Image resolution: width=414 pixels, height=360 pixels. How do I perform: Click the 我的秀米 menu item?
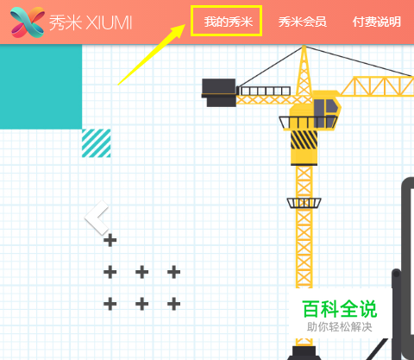[x=229, y=22]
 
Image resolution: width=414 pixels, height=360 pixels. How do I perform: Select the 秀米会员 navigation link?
[x=302, y=22]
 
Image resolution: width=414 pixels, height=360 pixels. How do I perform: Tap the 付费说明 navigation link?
[x=377, y=22]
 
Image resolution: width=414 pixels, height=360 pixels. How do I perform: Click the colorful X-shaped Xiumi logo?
[x=28, y=22]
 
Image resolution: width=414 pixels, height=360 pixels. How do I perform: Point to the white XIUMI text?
[x=110, y=22]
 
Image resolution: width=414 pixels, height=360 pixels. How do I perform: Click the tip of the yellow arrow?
[x=185, y=25]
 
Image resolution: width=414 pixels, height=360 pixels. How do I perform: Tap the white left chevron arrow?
[x=97, y=218]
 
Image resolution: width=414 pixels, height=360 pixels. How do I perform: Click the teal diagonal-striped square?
[x=96, y=143]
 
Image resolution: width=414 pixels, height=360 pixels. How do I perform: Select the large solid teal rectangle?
[x=41, y=86]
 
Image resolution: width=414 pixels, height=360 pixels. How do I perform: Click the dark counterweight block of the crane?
[x=219, y=92]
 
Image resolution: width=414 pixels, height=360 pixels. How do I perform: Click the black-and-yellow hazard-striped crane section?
[x=304, y=140]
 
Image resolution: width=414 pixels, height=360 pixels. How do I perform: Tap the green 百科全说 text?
[x=340, y=309]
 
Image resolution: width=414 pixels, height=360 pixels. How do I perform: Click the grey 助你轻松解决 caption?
[x=340, y=327]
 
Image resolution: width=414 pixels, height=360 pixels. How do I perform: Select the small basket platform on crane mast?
[x=304, y=203]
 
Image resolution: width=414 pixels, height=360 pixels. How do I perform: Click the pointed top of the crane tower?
[x=304, y=47]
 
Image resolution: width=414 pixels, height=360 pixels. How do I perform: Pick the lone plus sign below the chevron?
[x=110, y=240]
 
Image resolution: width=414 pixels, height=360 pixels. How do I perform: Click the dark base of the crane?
[x=304, y=353]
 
